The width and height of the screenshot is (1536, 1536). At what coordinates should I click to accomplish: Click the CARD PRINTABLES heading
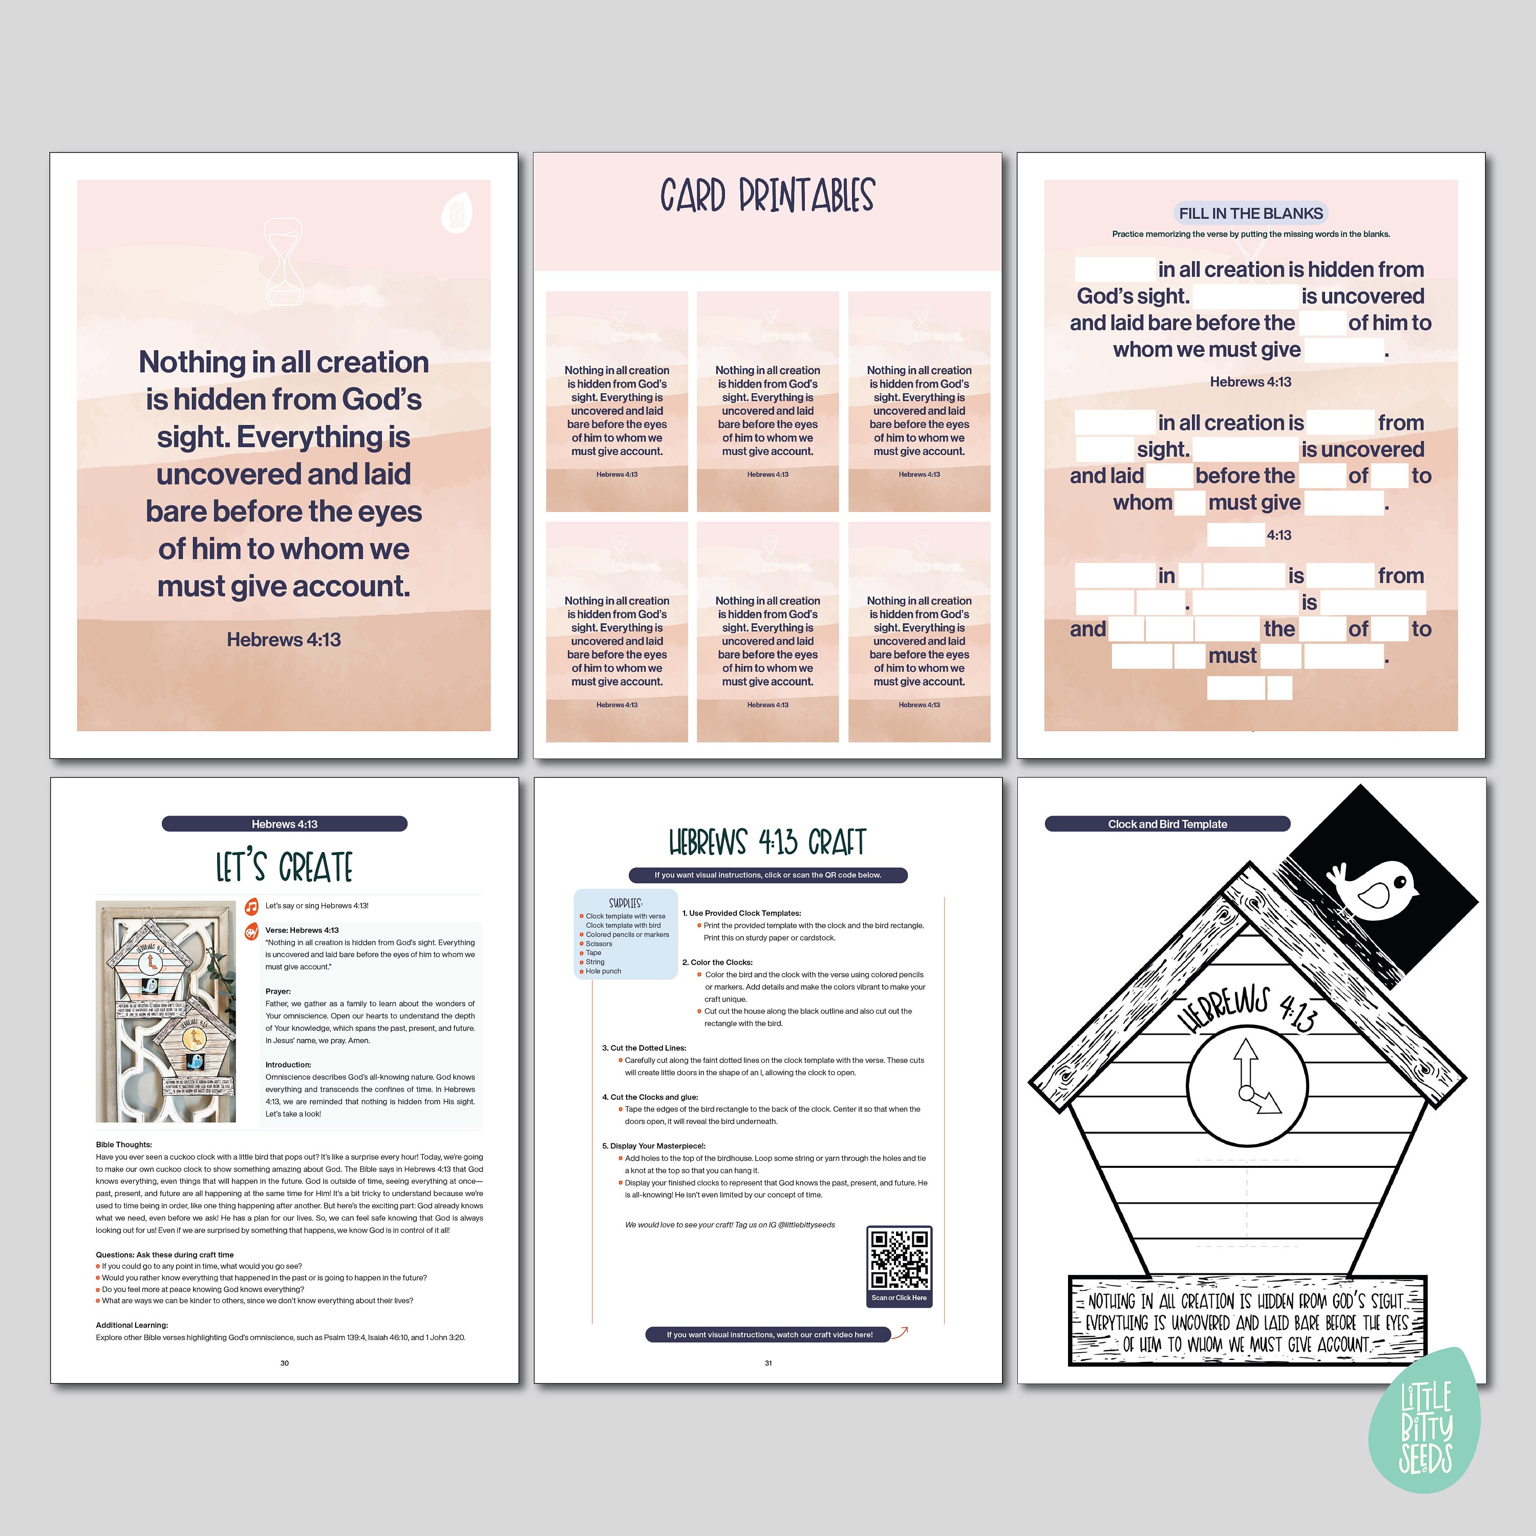pyautogui.click(x=767, y=196)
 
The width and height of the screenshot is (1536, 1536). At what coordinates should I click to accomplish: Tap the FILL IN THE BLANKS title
pyautogui.click(x=1251, y=213)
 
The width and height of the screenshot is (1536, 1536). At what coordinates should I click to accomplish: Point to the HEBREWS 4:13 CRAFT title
pyautogui.click(x=767, y=841)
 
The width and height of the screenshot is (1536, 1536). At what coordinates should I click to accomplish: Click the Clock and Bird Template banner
pyautogui.click(x=1167, y=824)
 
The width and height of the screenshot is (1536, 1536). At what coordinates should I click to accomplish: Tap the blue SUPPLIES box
pyautogui.click(x=626, y=935)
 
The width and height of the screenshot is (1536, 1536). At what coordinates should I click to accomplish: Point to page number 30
pyautogui.click(x=285, y=1362)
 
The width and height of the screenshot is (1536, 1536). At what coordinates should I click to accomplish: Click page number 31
pyautogui.click(x=768, y=1362)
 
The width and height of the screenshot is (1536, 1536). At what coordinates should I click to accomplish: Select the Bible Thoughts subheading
pyautogui.click(x=124, y=1144)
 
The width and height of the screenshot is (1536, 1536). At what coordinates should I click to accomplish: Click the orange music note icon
pyautogui.click(x=251, y=906)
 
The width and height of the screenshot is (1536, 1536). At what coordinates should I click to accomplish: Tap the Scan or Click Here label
pyautogui.click(x=899, y=1297)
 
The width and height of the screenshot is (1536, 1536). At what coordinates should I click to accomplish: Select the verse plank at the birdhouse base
pyautogui.click(x=1247, y=1322)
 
